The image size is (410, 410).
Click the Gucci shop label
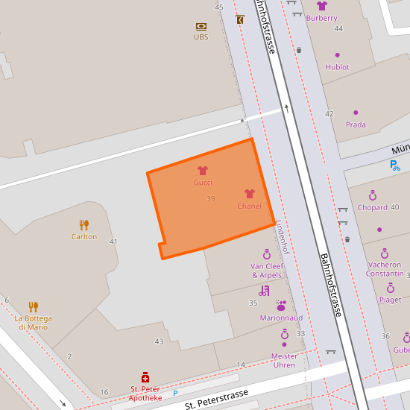[x=203, y=183]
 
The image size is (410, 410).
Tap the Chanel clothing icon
[x=250, y=194]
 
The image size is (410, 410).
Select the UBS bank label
[x=201, y=37]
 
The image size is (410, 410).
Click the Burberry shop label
[x=321, y=18]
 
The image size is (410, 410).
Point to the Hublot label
[x=337, y=67]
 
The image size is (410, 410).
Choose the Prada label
[x=356, y=124]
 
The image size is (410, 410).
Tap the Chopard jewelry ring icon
[x=373, y=196]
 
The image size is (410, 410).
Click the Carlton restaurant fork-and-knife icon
[x=84, y=224]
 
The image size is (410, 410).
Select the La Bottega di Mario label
[x=33, y=323]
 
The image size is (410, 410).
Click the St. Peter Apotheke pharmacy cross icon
[x=145, y=378]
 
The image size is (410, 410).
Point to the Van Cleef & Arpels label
[x=266, y=271]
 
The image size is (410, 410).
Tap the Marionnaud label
[x=281, y=318]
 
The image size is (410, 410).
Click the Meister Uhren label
[x=284, y=360]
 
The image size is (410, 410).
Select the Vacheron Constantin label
[x=384, y=269]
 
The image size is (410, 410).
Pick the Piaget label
[x=390, y=300]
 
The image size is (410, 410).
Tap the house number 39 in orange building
[x=211, y=199]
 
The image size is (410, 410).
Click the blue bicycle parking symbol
[x=394, y=165]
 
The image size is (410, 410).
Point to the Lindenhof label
[x=281, y=237]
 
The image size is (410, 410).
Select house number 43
[x=159, y=341]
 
